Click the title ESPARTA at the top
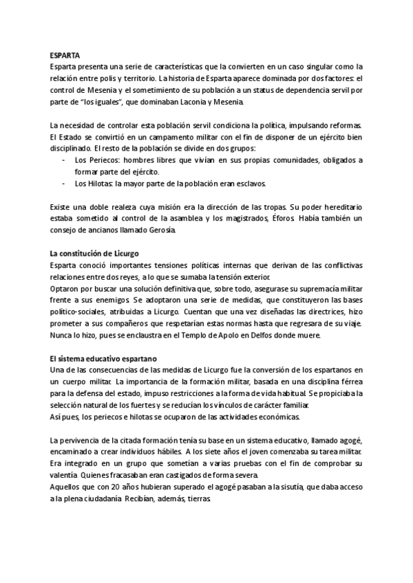click(x=65, y=54)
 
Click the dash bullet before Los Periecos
click(x=64, y=159)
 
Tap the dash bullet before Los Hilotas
click(x=64, y=184)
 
